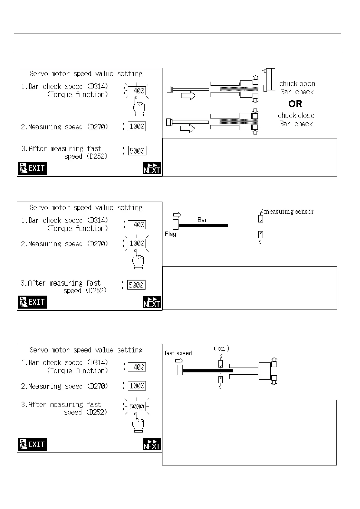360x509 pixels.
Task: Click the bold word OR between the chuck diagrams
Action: tap(295, 104)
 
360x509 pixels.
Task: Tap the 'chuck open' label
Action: tap(297, 84)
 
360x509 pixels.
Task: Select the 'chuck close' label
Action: tap(296, 115)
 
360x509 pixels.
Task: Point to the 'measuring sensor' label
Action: tap(289, 212)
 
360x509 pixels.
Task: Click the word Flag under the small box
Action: tap(170, 234)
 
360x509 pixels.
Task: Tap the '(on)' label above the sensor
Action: tap(221, 348)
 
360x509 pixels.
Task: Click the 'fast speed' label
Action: tap(178, 353)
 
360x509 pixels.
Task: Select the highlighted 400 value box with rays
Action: tap(137, 91)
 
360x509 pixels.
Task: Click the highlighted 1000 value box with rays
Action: tap(137, 243)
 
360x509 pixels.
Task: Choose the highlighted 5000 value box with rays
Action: tap(137, 407)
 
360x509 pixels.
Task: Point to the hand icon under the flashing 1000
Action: tap(138, 260)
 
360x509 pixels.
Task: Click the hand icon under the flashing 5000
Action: tap(138, 423)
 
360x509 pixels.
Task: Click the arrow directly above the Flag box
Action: tap(177, 215)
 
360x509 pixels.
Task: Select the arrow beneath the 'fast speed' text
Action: tap(179, 361)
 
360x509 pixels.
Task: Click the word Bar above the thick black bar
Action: tap(202, 220)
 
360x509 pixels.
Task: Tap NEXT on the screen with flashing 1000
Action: tap(152, 302)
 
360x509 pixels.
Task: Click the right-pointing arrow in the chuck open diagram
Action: tap(188, 96)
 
